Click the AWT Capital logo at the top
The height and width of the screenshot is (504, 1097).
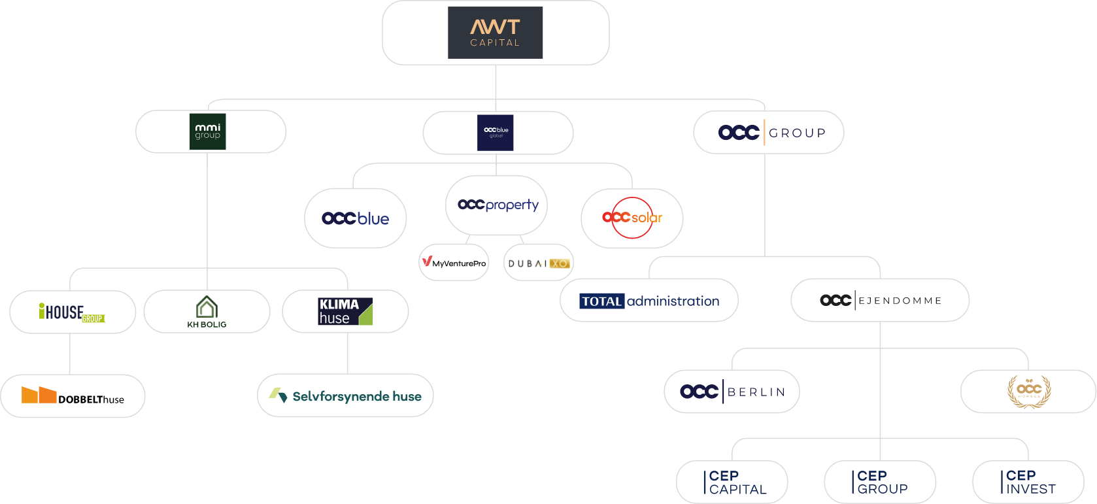pos(495,33)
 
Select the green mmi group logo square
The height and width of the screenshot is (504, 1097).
pos(207,131)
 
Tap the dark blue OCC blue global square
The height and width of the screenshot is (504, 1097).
pos(496,132)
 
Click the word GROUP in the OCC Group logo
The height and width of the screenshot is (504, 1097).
pos(798,133)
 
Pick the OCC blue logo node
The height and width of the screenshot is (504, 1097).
pos(355,218)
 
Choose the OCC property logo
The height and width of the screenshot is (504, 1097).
pos(498,205)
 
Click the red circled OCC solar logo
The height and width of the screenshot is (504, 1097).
pos(632,218)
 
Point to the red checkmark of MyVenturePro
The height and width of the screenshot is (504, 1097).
pos(426,261)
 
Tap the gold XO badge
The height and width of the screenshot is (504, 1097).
pos(559,263)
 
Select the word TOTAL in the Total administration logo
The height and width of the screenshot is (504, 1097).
pos(601,301)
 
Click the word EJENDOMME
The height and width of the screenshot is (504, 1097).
pos(900,301)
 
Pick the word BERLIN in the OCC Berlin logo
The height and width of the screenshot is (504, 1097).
pos(756,392)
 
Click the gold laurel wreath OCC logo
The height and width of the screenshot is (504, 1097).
pos(1029,391)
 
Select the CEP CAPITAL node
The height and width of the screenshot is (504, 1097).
pos(732,482)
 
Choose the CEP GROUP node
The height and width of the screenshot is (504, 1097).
pos(880,482)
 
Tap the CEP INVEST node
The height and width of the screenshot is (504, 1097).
pos(1028,482)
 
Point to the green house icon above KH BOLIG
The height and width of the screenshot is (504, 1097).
pos(207,307)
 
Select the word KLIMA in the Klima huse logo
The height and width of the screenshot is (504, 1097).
pos(339,305)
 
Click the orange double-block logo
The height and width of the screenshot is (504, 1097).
pos(39,395)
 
